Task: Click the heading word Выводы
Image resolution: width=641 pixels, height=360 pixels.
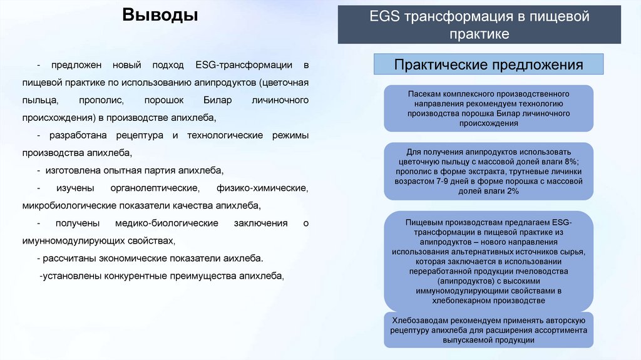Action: coord(160,14)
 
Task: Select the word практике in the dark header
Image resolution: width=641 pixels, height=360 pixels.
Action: coord(479,34)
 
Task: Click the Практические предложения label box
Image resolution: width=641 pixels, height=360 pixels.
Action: coord(488,64)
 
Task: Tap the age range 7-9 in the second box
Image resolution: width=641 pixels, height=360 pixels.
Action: coord(446,182)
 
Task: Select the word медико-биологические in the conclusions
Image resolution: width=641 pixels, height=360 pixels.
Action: coord(167,223)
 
